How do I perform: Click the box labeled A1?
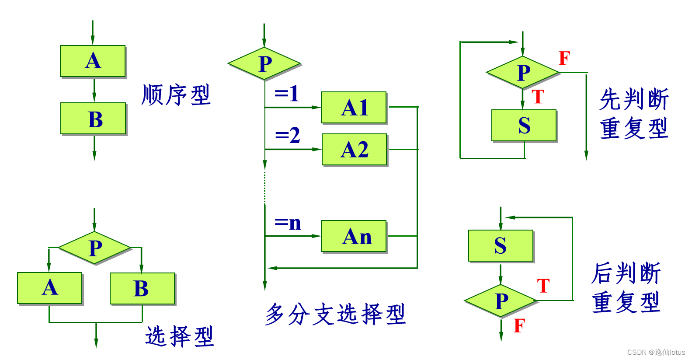[x=354, y=108]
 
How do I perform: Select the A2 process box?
[x=355, y=150]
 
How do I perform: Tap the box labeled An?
[x=354, y=236]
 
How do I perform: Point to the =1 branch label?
[x=287, y=94]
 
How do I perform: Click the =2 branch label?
[x=287, y=136]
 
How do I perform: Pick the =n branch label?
[x=288, y=223]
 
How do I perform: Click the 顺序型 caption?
[x=176, y=95]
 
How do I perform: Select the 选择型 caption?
[x=179, y=336]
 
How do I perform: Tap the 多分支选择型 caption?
[x=335, y=314]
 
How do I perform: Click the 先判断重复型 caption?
[x=634, y=114]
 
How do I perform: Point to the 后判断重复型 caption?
[x=626, y=287]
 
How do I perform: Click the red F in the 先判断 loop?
[x=564, y=58]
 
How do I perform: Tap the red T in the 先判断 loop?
[x=538, y=97]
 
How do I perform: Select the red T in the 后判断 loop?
[x=543, y=286]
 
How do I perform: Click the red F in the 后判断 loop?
[x=519, y=326]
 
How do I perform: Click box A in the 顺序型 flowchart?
[x=93, y=61]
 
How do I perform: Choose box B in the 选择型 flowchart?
[x=142, y=288]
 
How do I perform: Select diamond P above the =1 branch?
[x=264, y=64]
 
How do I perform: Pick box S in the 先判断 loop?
[x=524, y=126]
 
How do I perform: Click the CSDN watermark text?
[x=656, y=352]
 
